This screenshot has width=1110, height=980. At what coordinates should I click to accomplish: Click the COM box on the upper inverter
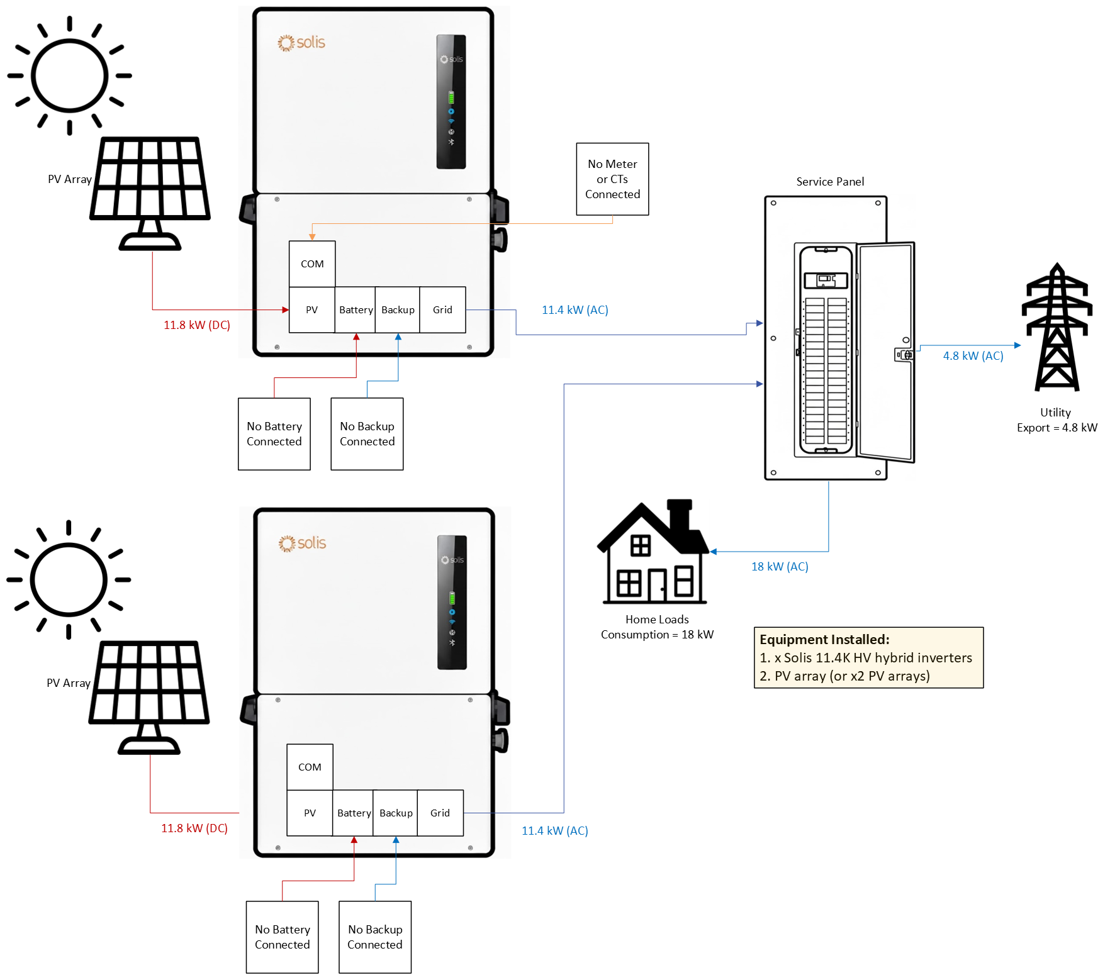point(312,264)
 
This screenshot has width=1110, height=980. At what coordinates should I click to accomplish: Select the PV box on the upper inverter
point(312,310)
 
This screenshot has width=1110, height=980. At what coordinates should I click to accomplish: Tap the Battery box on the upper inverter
point(356,310)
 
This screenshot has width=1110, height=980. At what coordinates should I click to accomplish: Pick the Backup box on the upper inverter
point(398,310)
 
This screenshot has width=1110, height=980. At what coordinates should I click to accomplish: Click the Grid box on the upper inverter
point(442,310)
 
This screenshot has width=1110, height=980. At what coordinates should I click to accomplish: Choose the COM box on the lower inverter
point(310,767)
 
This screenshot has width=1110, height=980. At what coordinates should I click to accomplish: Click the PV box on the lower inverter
point(310,813)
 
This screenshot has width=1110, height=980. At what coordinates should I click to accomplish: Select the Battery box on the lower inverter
point(354,813)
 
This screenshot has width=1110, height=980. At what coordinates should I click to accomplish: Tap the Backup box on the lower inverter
point(396,813)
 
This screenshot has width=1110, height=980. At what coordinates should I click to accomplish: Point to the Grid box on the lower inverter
point(440,813)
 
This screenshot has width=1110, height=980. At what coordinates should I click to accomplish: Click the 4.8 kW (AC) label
point(973,356)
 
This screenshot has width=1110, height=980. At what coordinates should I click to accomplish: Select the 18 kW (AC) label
point(780,567)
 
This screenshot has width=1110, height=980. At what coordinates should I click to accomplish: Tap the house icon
point(653,552)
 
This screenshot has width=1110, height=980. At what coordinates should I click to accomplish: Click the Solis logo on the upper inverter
point(301,43)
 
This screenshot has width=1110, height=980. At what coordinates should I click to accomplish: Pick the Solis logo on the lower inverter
point(303,543)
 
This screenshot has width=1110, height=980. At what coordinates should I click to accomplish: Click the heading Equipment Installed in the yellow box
point(824,640)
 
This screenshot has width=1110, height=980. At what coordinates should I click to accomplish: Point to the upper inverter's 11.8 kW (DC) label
point(197,325)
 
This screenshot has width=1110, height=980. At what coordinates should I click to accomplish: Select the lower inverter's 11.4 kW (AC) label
point(554,831)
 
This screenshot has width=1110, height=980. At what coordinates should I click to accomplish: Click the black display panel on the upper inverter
point(451,102)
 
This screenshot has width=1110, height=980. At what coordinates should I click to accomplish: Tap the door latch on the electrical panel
point(904,355)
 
